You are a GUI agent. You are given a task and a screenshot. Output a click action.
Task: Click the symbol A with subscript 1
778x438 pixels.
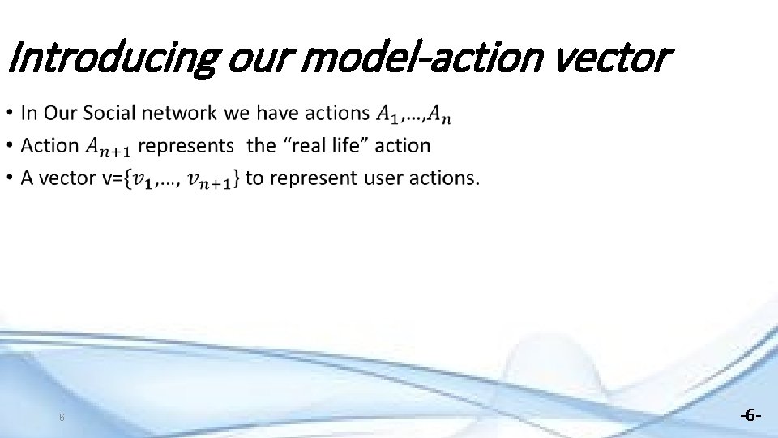387,115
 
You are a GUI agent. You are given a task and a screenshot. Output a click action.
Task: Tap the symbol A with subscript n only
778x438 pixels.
440,115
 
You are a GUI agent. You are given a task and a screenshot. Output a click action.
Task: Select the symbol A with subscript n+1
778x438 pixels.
108,148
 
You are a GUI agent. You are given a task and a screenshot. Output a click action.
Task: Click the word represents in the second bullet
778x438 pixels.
186,146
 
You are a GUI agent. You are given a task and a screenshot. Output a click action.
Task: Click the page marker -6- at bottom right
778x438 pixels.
750,415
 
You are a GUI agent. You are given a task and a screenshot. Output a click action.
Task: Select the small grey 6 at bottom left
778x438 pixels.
62,418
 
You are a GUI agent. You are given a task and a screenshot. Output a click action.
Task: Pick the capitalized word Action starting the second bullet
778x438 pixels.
49,146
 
